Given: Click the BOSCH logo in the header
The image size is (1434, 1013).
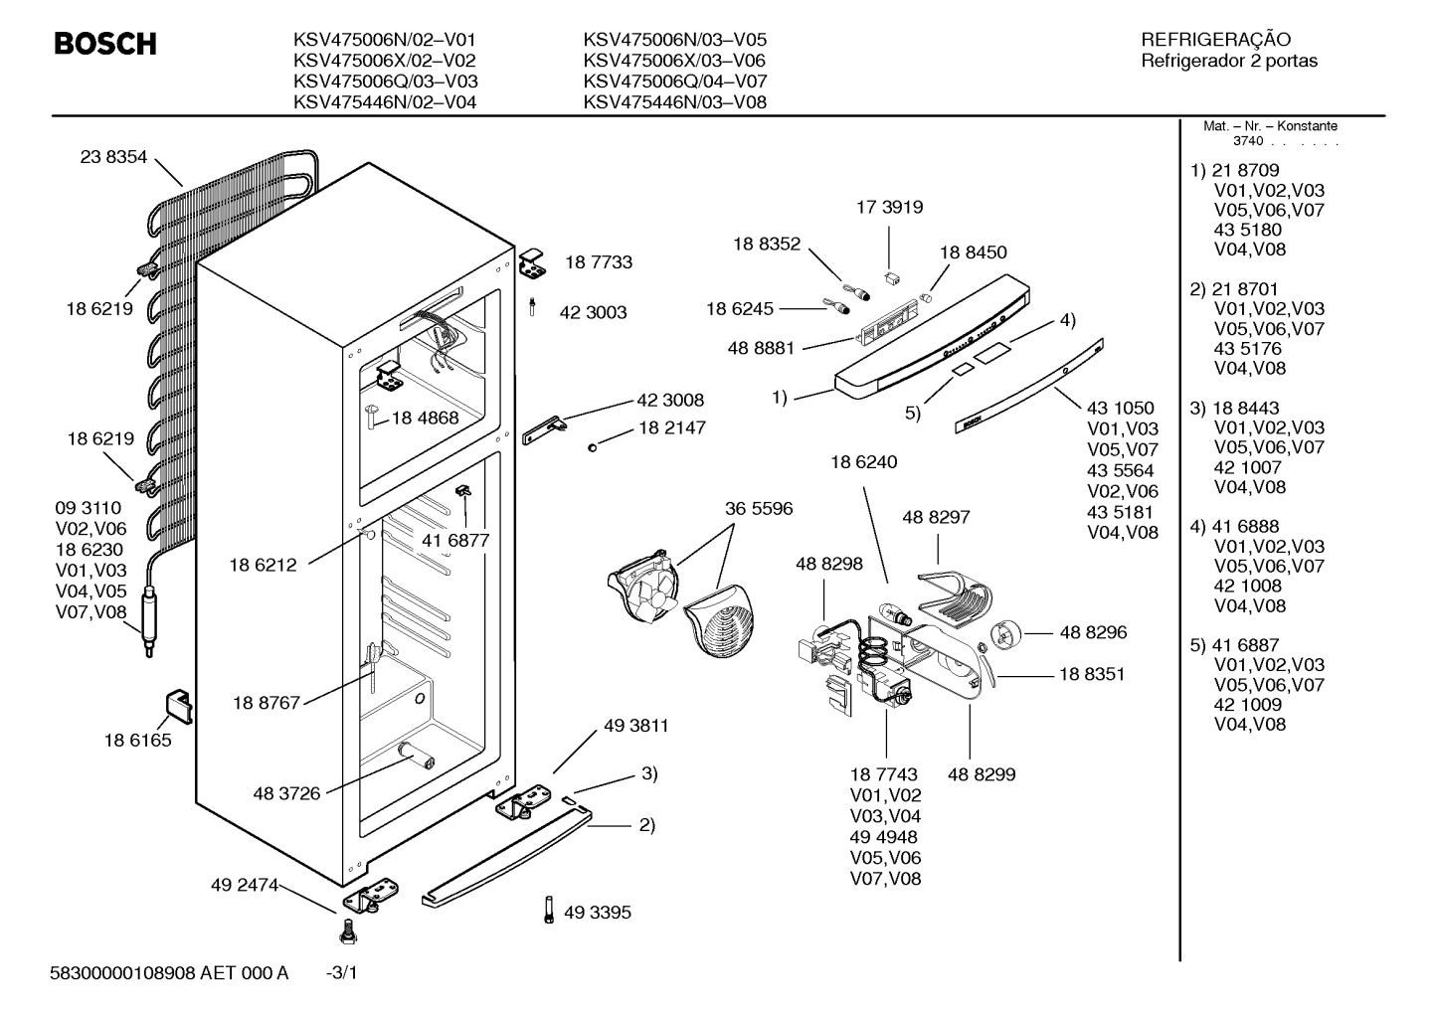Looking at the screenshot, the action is click(105, 44).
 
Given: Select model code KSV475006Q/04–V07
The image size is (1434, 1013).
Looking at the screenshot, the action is click(675, 82).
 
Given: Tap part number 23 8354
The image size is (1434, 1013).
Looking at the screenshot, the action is click(113, 157).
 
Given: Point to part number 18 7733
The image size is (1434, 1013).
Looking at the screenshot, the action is click(599, 261).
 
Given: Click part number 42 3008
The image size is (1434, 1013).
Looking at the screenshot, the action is click(670, 400).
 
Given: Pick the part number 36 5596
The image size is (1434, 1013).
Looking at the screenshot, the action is click(759, 509).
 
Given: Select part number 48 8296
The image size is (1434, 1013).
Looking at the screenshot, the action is click(1094, 632).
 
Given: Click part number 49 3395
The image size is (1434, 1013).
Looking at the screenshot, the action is click(598, 912).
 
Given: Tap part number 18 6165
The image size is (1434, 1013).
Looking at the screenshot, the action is click(137, 741).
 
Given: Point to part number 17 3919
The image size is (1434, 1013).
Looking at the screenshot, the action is click(890, 208).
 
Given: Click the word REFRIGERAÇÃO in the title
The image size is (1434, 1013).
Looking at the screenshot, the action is click(1215, 40).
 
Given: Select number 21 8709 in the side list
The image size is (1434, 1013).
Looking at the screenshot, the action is click(1245, 170).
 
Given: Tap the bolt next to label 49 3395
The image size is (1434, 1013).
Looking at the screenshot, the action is click(549, 910).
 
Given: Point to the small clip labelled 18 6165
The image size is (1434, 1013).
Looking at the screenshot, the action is click(179, 707).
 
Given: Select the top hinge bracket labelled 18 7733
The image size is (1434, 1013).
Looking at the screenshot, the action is click(533, 263).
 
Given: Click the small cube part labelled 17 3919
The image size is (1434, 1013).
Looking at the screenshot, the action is click(891, 277).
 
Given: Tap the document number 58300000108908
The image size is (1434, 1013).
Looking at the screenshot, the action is click(122, 973).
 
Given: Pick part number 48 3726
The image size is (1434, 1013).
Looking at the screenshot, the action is click(286, 793).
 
